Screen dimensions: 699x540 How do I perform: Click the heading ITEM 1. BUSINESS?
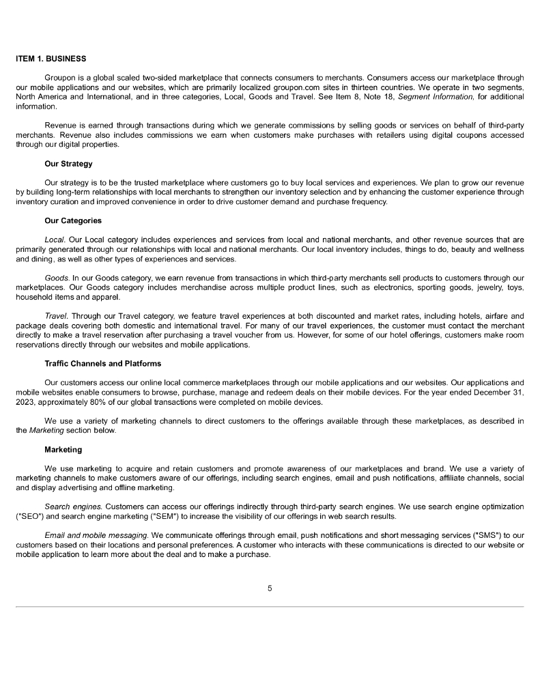click(51, 57)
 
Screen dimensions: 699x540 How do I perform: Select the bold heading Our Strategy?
click(68, 164)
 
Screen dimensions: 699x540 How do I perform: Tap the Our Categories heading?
click(72, 220)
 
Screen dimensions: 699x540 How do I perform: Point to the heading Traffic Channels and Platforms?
click(102, 363)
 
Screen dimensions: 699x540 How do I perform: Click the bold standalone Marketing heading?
click(63, 449)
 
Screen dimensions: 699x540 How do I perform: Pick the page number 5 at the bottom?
click(270, 588)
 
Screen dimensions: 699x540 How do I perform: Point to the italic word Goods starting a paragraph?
click(57, 278)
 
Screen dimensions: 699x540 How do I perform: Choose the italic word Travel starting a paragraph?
click(57, 316)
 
